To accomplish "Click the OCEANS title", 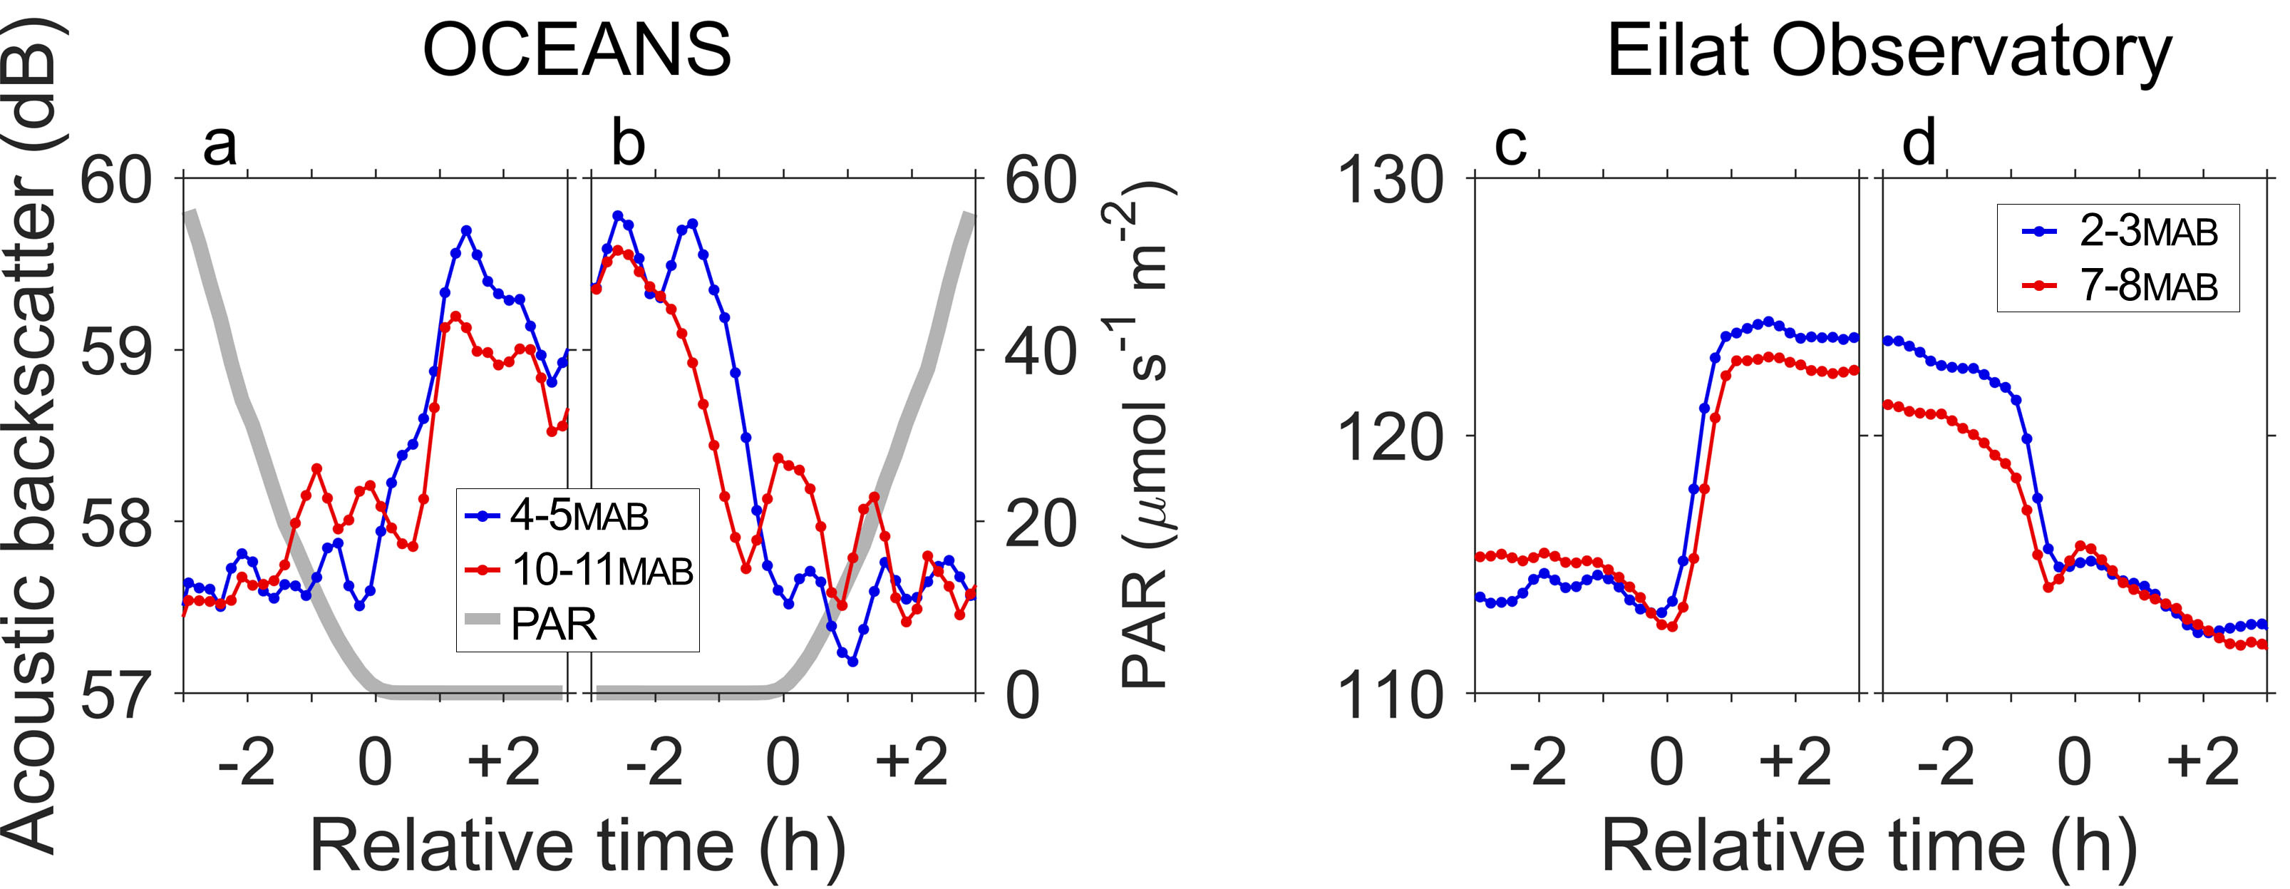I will pyautogui.click(x=576, y=51).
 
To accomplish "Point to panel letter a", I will pyautogui.click(x=220, y=144).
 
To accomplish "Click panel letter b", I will pyautogui.click(x=628, y=144).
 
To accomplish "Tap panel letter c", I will pyautogui.click(x=1510, y=144).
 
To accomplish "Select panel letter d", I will pyautogui.click(x=1919, y=144).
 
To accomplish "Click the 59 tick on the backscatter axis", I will pyautogui.click(x=115, y=350).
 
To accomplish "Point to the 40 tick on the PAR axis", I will pyautogui.click(x=1040, y=350).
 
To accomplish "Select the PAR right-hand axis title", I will pyautogui.click(x=1147, y=436).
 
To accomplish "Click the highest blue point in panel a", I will pyautogui.click(x=466, y=230).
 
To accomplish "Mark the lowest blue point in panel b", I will pyautogui.click(x=852, y=662).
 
